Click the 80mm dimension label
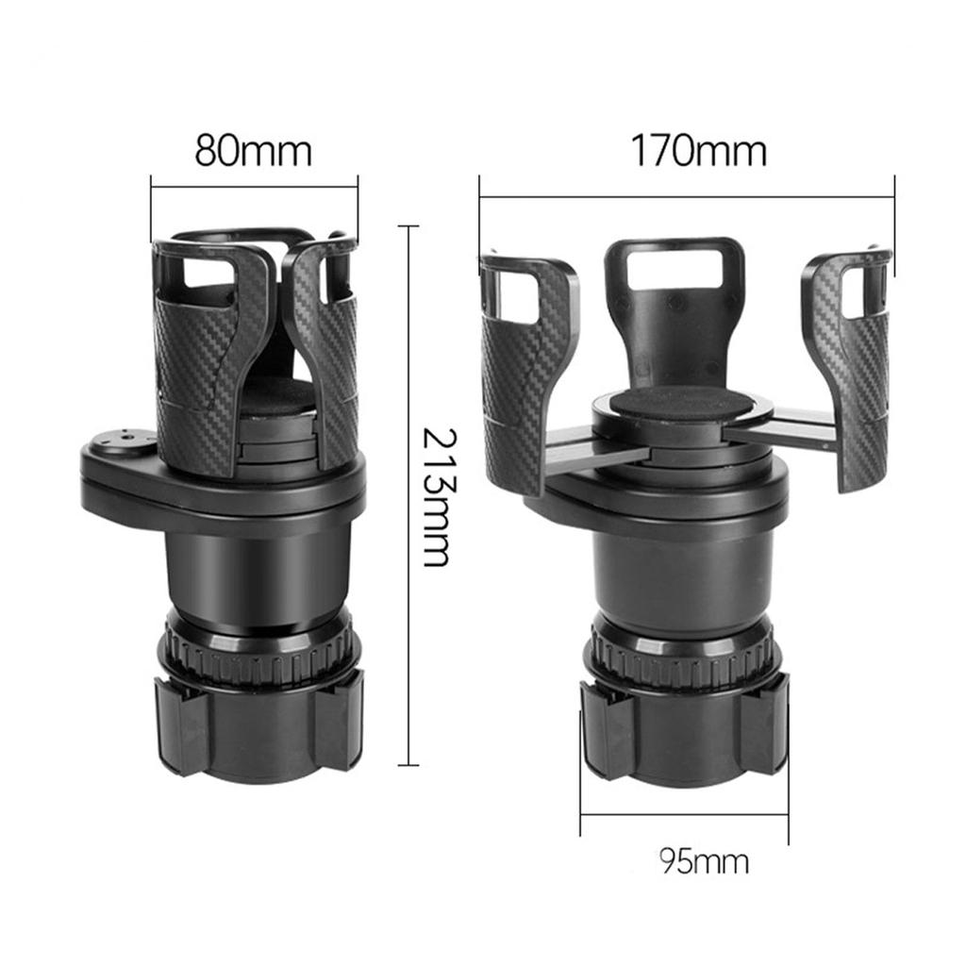pos(253,150)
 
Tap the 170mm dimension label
pos(698,150)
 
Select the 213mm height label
pos(434,496)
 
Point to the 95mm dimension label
pos(704,861)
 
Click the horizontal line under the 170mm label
pos(686,197)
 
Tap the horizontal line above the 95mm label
pos(684,814)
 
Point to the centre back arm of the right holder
pos(673,302)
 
